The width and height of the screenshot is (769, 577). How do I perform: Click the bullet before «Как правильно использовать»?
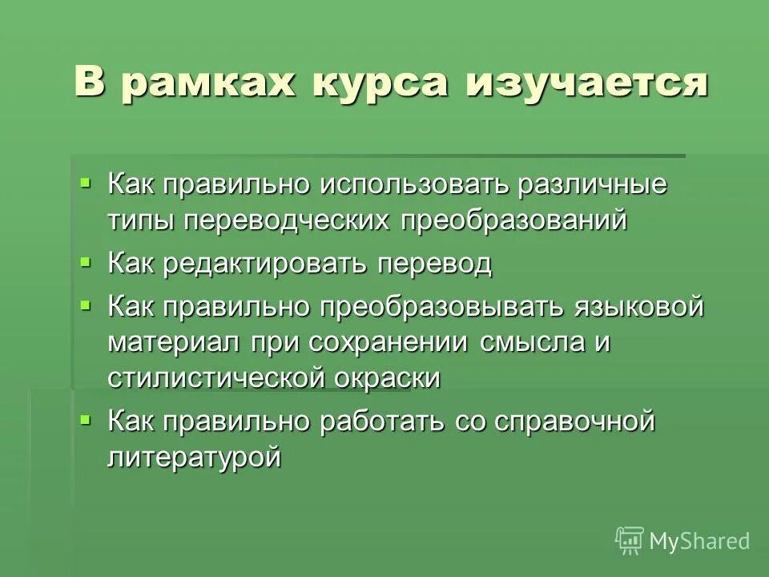tap(87, 183)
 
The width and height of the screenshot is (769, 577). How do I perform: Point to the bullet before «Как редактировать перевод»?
tap(87, 261)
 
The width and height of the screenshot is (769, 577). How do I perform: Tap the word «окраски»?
tap(388, 378)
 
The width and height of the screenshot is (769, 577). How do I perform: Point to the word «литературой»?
tap(195, 458)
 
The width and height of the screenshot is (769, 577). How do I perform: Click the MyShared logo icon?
tap(629, 541)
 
